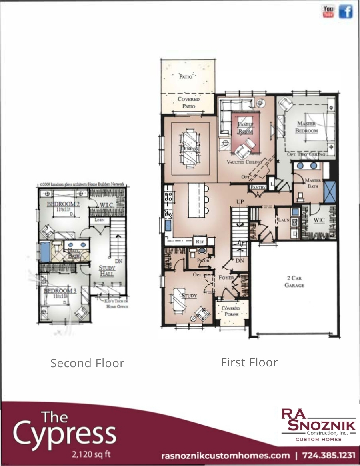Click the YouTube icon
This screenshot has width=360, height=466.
328,12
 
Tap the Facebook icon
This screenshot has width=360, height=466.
346,12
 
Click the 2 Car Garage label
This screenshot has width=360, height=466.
294,282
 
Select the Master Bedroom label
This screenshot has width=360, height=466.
307,127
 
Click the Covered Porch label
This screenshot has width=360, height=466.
231,311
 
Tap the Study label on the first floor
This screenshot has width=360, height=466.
189,296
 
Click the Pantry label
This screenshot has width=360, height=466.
258,187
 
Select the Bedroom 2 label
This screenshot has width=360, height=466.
61,204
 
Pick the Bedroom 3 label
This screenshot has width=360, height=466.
60,291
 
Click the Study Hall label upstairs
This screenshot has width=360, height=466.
107,271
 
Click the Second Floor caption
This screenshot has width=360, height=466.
87,363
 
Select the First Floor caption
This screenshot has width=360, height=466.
249,362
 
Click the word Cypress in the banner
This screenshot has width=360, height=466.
64,436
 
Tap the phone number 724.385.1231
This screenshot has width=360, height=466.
329,456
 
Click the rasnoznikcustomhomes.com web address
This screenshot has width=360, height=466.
225,456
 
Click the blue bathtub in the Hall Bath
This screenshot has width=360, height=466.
45,252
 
